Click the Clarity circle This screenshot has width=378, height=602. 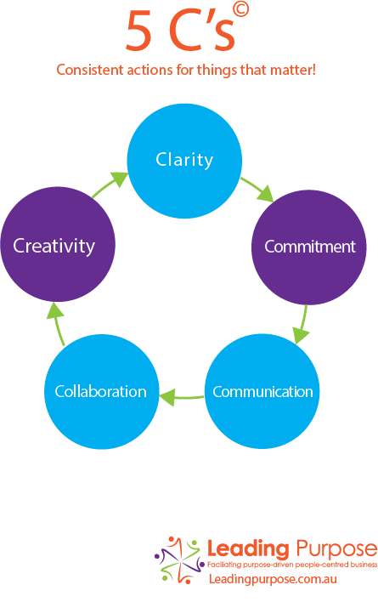184,161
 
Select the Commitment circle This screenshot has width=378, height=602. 309,247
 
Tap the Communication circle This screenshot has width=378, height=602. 262,391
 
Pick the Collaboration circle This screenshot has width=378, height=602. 102,392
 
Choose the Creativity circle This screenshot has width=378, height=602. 58,244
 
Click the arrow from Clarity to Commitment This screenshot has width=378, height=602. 257,189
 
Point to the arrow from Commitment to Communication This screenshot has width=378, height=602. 302,325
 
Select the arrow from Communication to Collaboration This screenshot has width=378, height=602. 181,397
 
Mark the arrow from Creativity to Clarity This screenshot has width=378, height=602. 110,185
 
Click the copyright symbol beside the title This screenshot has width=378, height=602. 240,9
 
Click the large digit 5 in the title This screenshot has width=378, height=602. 138,30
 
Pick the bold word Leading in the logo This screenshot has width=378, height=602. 248,549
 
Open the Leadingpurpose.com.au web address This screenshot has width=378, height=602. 273,579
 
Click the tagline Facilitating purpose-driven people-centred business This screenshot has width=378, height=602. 292,565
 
